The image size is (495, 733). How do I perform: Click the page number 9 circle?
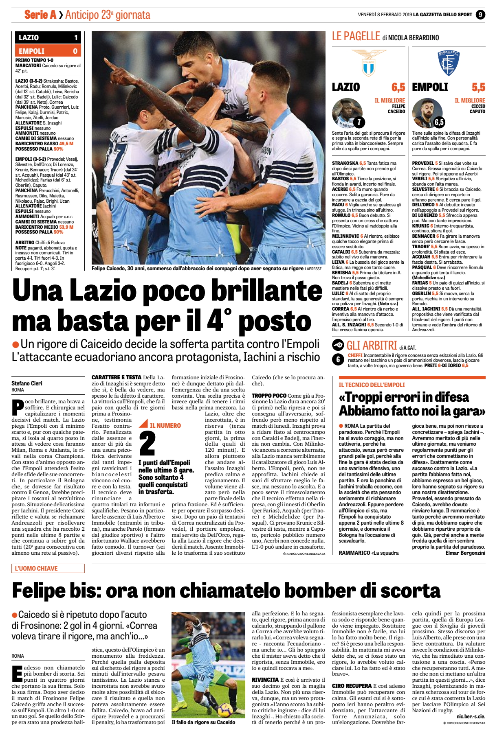480,15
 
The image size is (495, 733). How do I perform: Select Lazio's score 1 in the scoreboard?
76,38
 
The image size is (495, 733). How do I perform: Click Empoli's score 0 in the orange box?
75,51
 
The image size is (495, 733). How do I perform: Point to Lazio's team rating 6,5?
398,87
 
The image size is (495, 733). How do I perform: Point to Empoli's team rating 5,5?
478,87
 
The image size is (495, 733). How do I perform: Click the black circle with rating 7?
359,122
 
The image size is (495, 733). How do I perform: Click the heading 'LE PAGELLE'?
356,37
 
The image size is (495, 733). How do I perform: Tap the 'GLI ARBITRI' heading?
371,346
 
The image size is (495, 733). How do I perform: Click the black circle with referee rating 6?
338,359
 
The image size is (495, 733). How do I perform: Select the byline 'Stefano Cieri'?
27,383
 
